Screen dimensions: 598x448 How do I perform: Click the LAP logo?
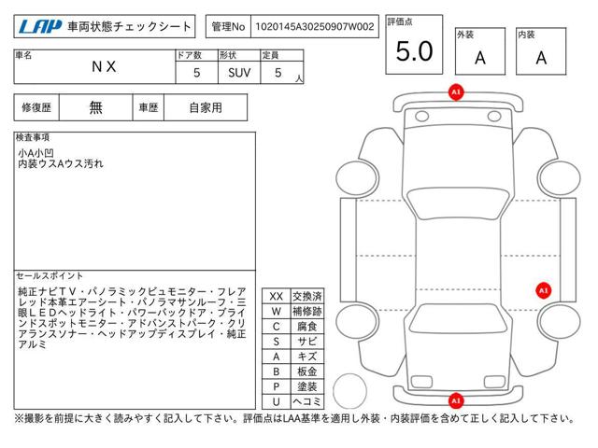tap(39, 26)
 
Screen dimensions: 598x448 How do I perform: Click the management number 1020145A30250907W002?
tap(315, 26)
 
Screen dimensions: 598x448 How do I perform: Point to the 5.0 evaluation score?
tap(414, 51)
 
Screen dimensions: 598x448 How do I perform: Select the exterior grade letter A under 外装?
tap(480, 58)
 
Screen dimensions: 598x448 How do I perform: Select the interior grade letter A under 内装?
tap(541, 58)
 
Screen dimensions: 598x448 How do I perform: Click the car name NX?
tap(104, 66)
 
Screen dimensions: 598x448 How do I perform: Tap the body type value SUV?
tap(239, 73)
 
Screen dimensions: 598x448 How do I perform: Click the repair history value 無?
tap(95, 107)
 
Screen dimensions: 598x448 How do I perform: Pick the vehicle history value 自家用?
tap(206, 107)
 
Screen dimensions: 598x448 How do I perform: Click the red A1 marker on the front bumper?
tap(456, 92)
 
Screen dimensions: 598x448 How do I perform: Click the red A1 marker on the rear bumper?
tap(456, 400)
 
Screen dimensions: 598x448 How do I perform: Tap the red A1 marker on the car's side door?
tap(543, 290)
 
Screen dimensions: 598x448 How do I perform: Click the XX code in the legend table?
tap(277, 297)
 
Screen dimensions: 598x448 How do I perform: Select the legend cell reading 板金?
tap(307, 371)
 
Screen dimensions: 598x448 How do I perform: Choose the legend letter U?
tap(277, 401)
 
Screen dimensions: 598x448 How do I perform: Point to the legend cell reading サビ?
tap(307, 342)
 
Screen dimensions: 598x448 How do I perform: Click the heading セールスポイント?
tap(50, 275)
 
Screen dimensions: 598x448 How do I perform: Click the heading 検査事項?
tap(33, 137)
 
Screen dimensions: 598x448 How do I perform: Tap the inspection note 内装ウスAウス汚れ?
tap(61, 164)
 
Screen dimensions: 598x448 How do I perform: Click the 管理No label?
tap(228, 26)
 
